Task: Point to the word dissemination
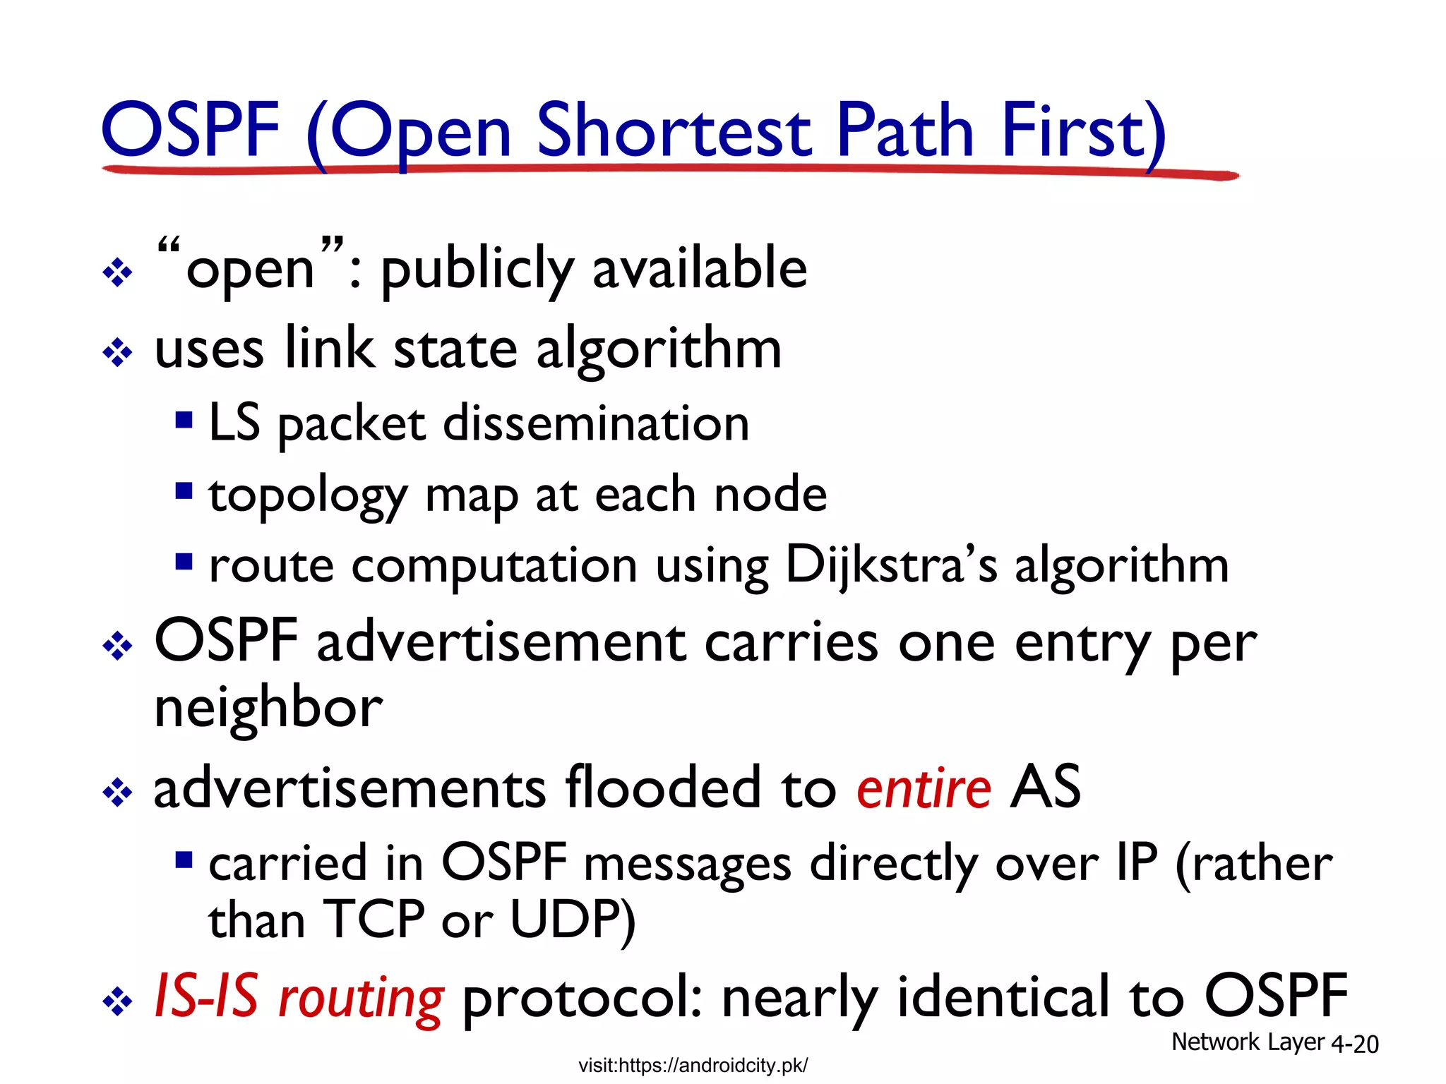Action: (x=596, y=423)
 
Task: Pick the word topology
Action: (x=308, y=496)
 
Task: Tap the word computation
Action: (x=494, y=567)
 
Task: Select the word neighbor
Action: (x=268, y=708)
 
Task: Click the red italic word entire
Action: (x=924, y=788)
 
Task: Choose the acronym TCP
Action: (x=374, y=920)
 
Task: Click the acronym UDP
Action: (x=572, y=920)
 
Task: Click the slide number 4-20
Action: (x=1354, y=1044)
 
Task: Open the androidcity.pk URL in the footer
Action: (x=693, y=1065)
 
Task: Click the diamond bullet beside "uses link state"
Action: (x=117, y=352)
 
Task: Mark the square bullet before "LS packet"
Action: (x=184, y=420)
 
